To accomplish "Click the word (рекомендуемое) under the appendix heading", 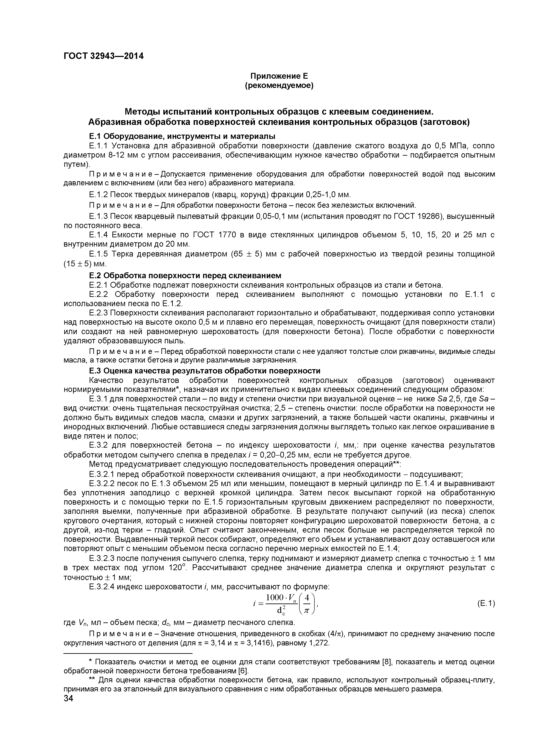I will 279,86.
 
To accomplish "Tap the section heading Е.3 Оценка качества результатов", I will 204,371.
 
